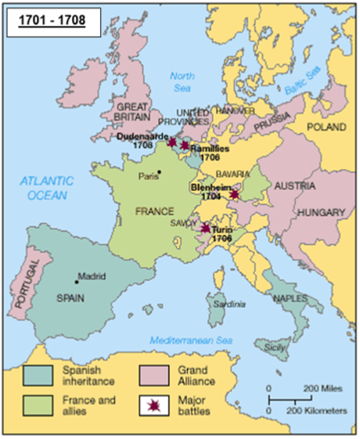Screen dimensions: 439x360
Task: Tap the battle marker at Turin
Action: click(205, 228)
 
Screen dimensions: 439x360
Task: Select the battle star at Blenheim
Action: click(234, 194)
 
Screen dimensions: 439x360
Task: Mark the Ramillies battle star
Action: click(185, 146)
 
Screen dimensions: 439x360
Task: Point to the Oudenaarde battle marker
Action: click(172, 142)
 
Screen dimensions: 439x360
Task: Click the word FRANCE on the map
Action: click(153, 211)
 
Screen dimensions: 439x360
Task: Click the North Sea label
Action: click(182, 81)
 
